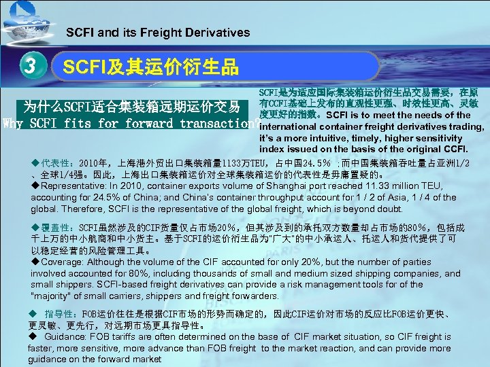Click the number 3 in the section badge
tap(28, 67)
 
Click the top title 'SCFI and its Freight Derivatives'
tap(158, 33)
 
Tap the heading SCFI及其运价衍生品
tap(150, 67)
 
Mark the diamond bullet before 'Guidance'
tap(33, 336)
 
